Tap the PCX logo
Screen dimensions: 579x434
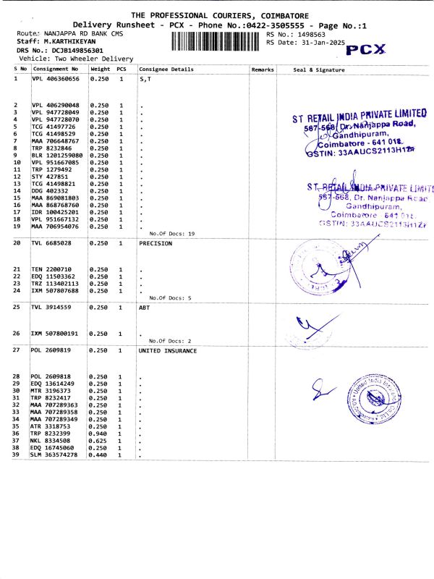(367, 50)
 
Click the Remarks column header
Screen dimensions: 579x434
(262, 69)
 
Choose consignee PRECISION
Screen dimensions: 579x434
(156, 244)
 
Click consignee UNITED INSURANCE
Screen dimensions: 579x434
(168, 350)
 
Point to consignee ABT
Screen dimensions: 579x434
(144, 307)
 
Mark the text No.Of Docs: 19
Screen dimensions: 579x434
(172, 234)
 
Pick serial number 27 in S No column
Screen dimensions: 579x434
(17, 350)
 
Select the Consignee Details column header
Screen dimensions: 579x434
(166, 69)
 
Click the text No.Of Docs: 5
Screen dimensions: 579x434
(170, 298)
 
